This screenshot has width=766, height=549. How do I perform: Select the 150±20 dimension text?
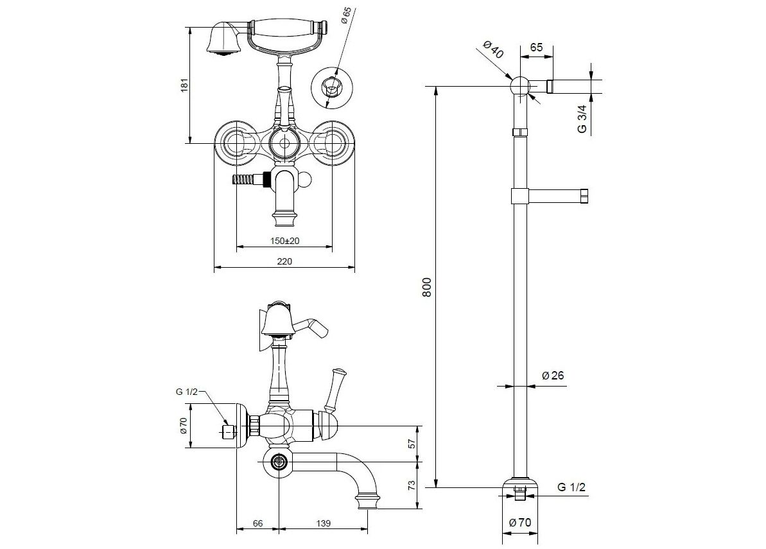[x=284, y=240]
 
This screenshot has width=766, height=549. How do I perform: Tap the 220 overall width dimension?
[x=284, y=261]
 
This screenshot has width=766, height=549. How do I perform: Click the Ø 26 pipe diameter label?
[x=552, y=376]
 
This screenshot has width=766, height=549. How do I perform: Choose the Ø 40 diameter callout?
[x=492, y=51]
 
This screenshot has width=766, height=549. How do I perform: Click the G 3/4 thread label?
[x=582, y=119]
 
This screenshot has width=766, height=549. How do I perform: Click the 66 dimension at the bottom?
[x=257, y=524]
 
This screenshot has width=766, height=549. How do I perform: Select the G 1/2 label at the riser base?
[x=571, y=488]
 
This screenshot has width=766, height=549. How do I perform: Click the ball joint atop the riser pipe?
[x=519, y=86]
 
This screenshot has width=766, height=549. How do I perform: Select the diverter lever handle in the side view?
[x=334, y=388]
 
